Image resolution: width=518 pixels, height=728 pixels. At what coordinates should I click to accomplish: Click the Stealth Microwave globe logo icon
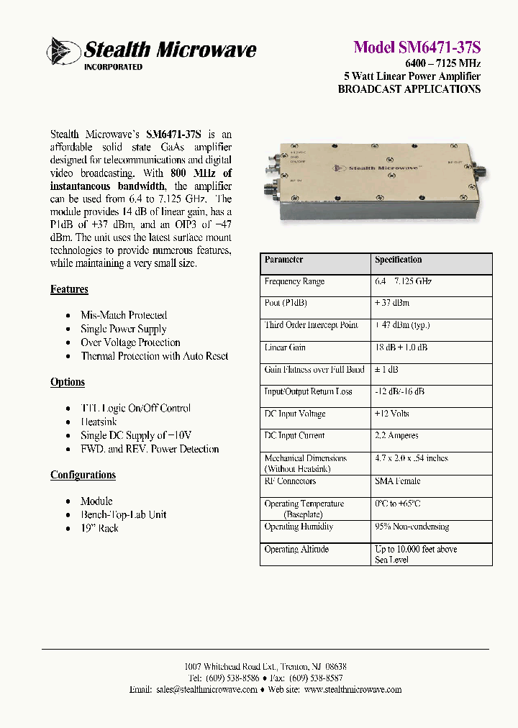(63, 51)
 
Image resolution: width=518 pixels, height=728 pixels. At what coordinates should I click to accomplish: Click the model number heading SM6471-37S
(417, 47)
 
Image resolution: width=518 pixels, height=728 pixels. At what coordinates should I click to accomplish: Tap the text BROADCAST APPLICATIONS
(409, 90)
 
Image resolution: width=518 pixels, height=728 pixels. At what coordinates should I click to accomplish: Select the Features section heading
(69, 289)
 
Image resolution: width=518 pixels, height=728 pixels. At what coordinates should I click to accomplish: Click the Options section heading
(68, 382)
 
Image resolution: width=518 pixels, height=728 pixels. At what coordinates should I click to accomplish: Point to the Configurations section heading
(83, 475)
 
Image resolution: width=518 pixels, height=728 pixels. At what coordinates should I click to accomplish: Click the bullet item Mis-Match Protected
(124, 315)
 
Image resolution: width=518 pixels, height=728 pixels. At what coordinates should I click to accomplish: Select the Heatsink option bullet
(99, 422)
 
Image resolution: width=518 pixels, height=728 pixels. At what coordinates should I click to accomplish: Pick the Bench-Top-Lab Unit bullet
(124, 514)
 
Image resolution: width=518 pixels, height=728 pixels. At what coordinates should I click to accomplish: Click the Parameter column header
(283, 260)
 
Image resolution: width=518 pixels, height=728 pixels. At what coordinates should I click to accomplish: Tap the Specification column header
(398, 260)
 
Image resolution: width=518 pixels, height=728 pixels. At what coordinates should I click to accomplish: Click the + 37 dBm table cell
(393, 304)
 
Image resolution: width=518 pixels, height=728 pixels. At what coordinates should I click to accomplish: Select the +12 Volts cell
(391, 414)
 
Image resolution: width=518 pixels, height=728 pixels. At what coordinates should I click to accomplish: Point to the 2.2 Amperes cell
(396, 435)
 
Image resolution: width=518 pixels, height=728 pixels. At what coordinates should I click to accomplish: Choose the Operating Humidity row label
(299, 527)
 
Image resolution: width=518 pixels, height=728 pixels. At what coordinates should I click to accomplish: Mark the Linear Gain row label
(285, 347)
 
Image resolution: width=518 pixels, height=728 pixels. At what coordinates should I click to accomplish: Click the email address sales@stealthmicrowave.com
(206, 689)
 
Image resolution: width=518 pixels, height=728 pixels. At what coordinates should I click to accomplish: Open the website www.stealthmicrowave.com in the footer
(353, 689)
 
